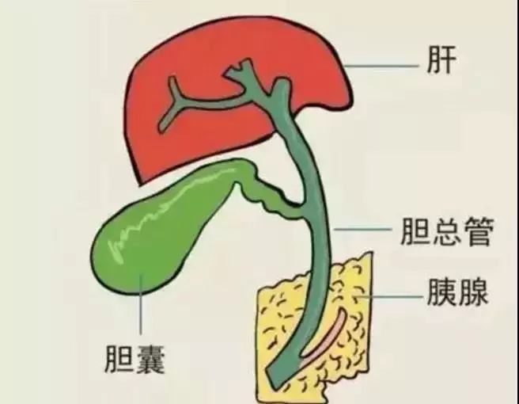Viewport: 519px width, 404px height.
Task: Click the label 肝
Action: [442, 59]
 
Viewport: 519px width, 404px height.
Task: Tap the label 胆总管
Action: [447, 231]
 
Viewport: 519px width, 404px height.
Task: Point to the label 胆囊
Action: [134, 359]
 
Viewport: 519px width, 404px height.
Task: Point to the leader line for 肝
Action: [381, 66]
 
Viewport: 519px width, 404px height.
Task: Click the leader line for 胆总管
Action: [362, 229]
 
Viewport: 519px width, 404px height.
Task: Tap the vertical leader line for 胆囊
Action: [141, 304]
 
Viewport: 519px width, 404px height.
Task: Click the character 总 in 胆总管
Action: [447, 231]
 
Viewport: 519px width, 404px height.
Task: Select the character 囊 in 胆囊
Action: [150, 359]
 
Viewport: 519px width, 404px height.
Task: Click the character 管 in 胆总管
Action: [479, 231]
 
